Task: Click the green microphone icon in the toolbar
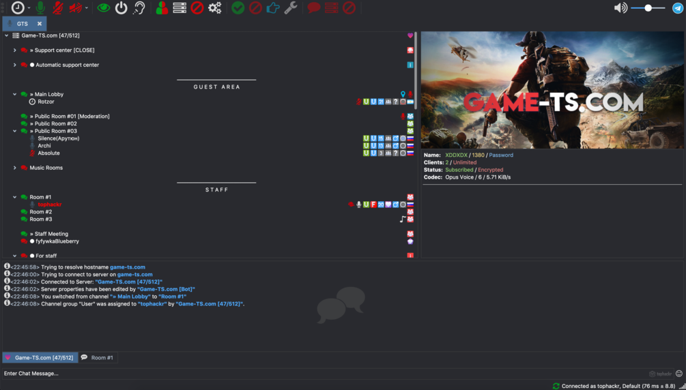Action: click(40, 8)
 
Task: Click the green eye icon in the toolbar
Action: click(103, 8)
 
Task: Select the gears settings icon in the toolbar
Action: click(215, 8)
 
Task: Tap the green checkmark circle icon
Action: click(238, 8)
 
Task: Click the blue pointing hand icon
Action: click(273, 8)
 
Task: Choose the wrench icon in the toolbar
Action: click(291, 8)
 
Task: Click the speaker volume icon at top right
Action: click(620, 8)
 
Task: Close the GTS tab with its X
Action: click(40, 24)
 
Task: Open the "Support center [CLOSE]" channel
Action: click(65, 50)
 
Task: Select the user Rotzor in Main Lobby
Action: click(46, 102)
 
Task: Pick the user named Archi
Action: click(44, 146)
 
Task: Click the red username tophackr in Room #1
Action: click(50, 205)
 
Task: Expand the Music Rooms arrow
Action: click(14, 168)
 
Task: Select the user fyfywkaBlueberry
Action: click(57, 241)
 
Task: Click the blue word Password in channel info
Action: click(501, 155)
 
